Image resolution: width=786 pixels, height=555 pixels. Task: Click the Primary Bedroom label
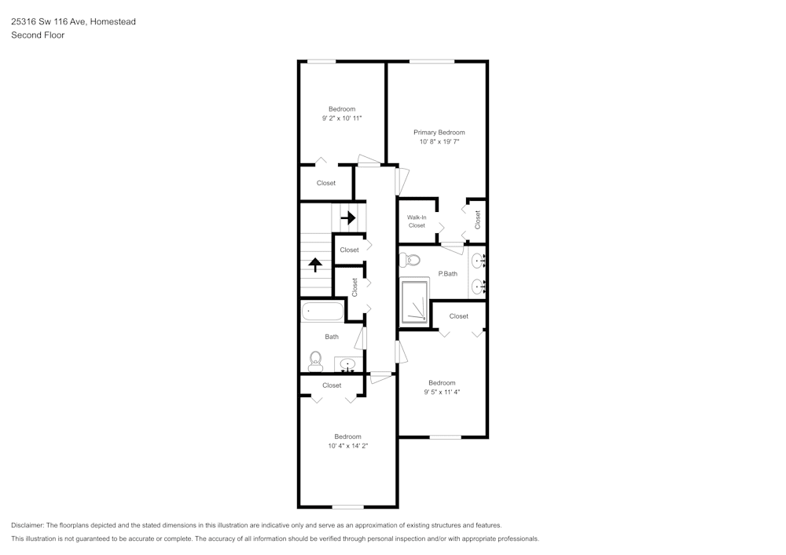tap(439, 133)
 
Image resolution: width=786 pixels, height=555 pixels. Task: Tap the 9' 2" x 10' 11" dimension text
tap(342, 118)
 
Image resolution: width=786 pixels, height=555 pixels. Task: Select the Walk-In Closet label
tap(417, 221)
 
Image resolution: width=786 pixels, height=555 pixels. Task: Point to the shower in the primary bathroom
tap(415, 302)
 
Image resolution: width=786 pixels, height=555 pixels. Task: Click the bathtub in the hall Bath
tap(322, 311)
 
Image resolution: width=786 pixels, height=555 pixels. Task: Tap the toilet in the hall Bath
tap(315, 361)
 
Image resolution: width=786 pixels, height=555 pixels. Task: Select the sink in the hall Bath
tap(347, 363)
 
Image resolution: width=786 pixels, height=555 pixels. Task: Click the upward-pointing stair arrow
tap(315, 265)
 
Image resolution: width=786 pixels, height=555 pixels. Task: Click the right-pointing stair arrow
tap(347, 217)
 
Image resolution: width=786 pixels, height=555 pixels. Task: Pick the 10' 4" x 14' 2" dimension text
tap(348, 445)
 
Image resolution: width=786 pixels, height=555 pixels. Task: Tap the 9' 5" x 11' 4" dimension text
tap(442, 392)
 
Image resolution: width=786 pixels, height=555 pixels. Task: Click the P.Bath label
tap(448, 274)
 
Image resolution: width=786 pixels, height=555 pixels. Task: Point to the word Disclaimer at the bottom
tap(28, 525)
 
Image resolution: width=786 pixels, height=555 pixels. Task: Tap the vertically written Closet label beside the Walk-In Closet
tap(477, 220)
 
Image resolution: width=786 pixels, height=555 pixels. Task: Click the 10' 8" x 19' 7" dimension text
tap(439, 142)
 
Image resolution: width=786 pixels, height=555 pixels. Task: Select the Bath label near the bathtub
tap(332, 337)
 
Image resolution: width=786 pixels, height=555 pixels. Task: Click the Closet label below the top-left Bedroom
tap(326, 183)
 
